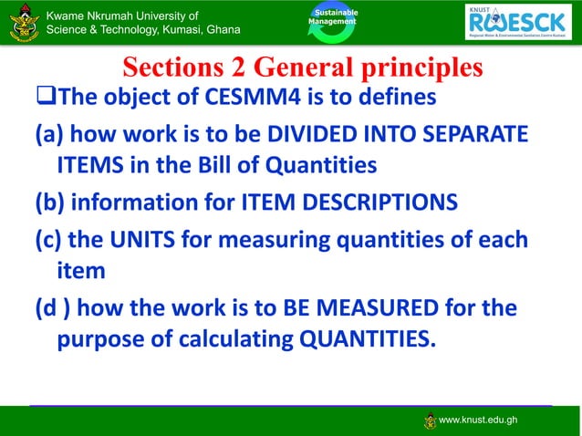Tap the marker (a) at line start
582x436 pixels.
(x=49, y=135)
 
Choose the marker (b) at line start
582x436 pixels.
(x=49, y=201)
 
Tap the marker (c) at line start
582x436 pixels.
(x=48, y=241)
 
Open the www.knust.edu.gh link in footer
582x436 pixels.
(x=478, y=420)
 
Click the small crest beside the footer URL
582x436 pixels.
(x=431, y=420)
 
